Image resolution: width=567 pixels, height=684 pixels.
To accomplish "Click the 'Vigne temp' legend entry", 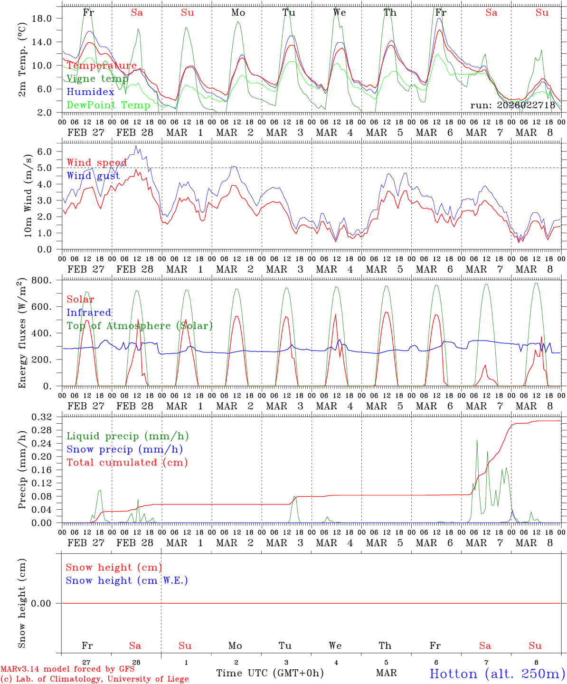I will point(97,79).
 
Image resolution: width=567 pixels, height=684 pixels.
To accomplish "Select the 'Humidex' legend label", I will point(91,92).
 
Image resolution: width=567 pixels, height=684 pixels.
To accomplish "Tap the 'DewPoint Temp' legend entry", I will point(109,105).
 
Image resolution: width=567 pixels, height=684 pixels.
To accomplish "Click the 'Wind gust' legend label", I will point(93,176).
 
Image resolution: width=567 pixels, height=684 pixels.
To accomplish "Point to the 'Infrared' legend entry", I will point(89,313).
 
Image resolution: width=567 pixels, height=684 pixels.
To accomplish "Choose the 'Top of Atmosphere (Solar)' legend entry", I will point(140,326).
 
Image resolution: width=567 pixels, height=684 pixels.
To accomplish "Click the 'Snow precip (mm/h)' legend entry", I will point(124,449).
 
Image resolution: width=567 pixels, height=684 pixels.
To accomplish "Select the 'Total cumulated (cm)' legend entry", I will point(127,463).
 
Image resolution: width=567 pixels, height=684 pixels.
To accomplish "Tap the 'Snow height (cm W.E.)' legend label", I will point(127,580).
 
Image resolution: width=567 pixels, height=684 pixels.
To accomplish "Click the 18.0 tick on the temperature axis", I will point(41,18).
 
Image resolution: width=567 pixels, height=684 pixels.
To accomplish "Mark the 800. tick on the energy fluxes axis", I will point(42,280).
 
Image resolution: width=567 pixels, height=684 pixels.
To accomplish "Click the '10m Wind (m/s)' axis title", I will point(28,195).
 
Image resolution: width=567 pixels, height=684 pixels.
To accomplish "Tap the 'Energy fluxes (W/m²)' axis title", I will point(22,334).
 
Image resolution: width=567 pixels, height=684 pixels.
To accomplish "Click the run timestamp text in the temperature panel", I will point(513,105).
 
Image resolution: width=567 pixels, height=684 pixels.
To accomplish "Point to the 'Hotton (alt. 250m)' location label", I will point(497,674).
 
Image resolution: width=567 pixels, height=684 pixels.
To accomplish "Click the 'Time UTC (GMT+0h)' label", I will point(270,673).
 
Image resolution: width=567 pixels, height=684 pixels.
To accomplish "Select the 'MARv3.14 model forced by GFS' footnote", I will point(67,669).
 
